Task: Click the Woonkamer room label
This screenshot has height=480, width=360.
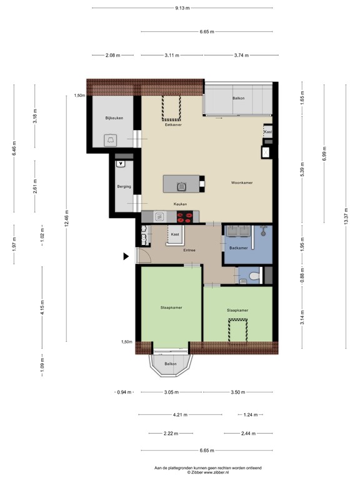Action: tap(241, 183)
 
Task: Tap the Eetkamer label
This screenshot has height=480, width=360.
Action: tap(172, 125)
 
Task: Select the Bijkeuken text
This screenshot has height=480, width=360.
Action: tap(112, 117)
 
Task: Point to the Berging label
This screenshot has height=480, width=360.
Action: tap(123, 186)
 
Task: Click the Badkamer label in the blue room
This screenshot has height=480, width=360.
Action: tap(238, 248)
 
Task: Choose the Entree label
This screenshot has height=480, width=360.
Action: tap(189, 251)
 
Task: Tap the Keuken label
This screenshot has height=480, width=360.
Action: tap(180, 204)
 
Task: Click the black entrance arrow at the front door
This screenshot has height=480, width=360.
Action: tap(126, 256)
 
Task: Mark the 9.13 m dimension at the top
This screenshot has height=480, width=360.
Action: tap(182, 7)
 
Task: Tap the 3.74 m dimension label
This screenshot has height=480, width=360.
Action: tap(239, 56)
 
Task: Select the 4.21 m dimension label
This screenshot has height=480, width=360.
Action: tap(181, 414)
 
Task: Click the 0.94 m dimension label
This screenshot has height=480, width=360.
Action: tap(124, 392)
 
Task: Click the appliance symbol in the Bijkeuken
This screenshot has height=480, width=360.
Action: tap(111, 139)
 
